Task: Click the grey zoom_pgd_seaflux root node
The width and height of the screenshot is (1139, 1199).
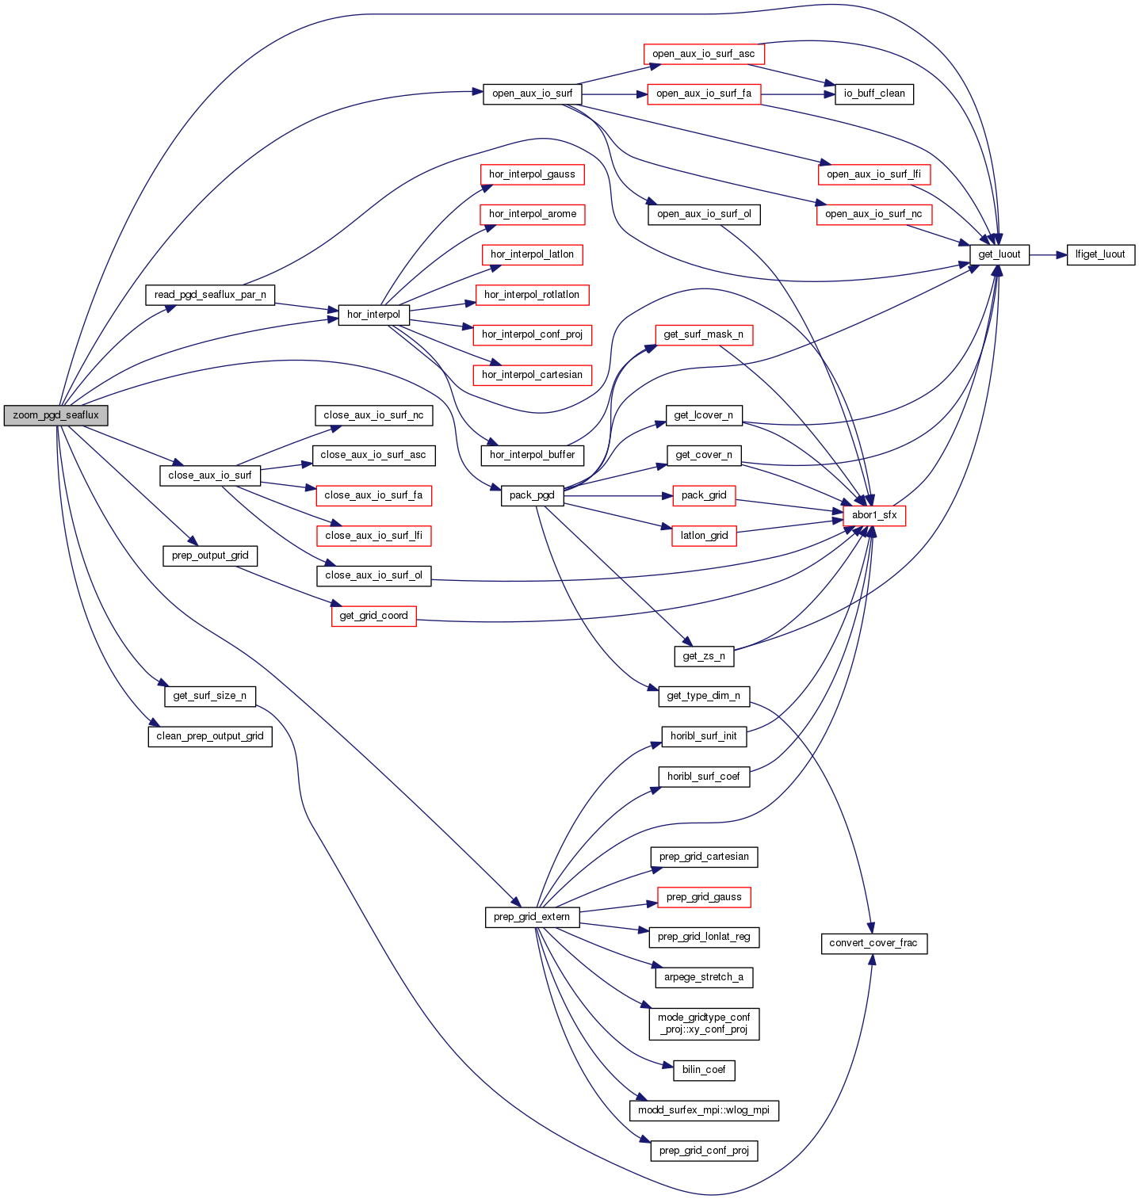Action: [55, 415]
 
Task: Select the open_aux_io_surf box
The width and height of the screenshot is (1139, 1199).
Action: [532, 94]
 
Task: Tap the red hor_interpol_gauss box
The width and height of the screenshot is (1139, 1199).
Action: [532, 174]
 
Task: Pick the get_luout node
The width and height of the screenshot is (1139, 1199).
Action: [999, 254]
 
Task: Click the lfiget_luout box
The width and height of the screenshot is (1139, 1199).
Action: [1100, 254]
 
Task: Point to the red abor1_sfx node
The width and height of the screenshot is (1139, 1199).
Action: [873, 515]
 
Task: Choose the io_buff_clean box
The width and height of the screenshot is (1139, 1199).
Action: [873, 94]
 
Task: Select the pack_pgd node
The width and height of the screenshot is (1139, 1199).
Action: [532, 495]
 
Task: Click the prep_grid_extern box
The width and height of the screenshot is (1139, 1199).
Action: [532, 917]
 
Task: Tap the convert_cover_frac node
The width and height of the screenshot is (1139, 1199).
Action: [873, 943]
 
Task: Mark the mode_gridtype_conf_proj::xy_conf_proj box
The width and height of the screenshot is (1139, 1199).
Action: [704, 1023]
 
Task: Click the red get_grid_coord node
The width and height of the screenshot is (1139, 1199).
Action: [373, 616]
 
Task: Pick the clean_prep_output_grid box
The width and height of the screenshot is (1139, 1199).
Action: [210, 736]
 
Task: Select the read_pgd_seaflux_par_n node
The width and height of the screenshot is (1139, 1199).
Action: [210, 295]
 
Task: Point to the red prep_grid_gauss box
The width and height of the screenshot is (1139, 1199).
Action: [704, 897]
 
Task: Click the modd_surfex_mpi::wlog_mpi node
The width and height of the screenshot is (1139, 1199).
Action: [704, 1110]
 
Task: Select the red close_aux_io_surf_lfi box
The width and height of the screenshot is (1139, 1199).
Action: [373, 536]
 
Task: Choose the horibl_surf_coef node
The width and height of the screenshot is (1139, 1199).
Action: [704, 777]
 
